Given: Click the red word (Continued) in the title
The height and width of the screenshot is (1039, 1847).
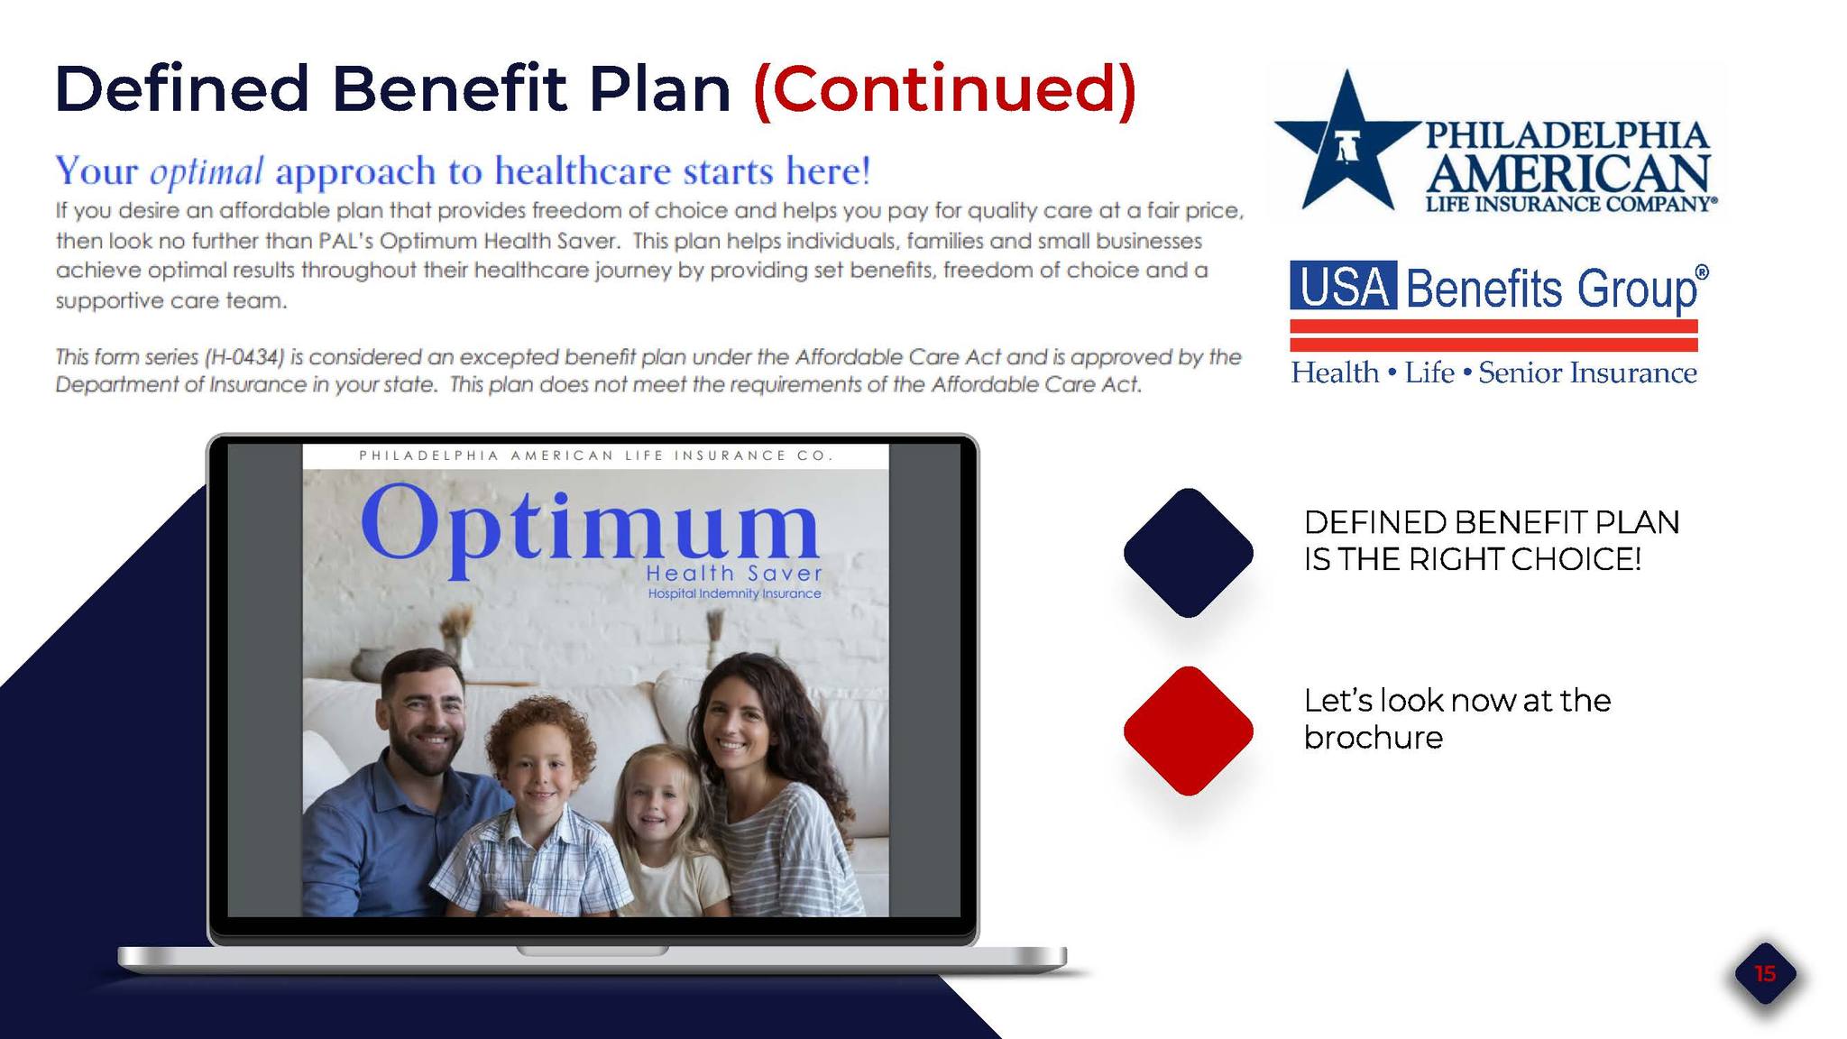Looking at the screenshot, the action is pos(944,90).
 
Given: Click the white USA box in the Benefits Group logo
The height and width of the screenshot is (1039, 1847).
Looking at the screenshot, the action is pos(1344,286).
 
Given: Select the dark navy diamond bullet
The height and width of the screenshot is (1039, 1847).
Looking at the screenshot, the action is pos(1189,553).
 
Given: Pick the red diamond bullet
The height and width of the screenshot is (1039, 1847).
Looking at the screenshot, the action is pos(1189,731).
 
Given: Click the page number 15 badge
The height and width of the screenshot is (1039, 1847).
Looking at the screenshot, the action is pos(1765,974).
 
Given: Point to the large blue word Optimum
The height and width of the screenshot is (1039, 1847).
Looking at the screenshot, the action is pos(590,528).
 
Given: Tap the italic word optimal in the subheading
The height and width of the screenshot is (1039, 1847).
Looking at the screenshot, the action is pos(207,171).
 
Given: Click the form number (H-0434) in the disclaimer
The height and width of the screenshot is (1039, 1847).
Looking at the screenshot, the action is pos(244,357).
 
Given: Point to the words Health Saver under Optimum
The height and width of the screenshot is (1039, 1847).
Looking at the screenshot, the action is pos(734,574).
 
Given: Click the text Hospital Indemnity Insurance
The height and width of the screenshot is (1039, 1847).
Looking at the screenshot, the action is pos(734,593).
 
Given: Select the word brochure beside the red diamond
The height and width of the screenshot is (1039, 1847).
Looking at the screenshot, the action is pos(1374,738).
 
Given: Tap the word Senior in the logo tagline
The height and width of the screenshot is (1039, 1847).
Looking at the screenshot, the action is pos(1520,372).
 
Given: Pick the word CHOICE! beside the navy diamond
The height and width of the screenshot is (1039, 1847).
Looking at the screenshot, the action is pos(1576,559).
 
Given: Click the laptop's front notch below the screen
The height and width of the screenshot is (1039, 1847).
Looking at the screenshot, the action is pos(593,951).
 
